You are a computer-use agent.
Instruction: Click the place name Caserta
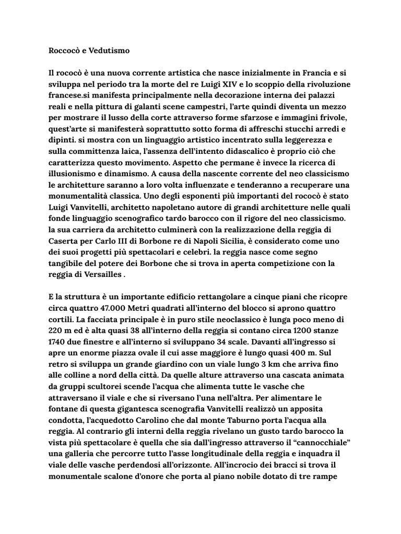(63, 242)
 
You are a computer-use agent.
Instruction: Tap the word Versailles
(99, 276)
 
